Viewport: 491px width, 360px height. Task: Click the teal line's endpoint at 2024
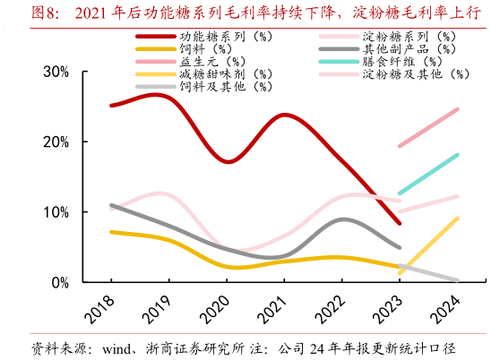tap(457, 155)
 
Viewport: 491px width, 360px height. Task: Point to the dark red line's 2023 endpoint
tap(399, 224)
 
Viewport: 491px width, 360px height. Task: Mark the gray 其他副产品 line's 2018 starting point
tap(111, 205)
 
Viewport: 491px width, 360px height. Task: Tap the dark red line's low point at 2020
tap(228, 161)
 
